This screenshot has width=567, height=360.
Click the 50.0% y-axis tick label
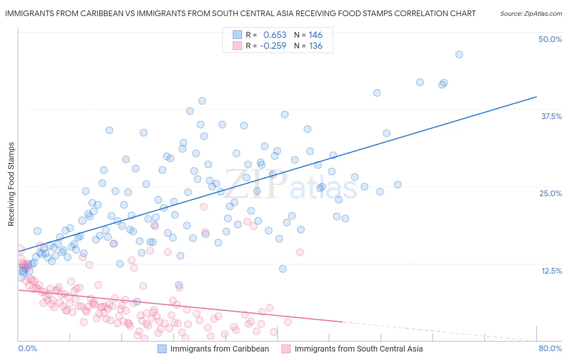coord(550,40)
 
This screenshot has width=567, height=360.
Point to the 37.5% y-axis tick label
coord(551,116)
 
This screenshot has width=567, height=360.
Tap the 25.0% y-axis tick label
coord(550,193)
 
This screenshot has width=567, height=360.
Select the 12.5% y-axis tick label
coord(551,271)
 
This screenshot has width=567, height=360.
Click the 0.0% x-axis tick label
coord(27,349)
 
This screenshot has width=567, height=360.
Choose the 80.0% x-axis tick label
coord(550,349)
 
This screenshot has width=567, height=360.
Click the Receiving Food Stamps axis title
coord(11,184)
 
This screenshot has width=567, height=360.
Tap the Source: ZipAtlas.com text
coord(531,14)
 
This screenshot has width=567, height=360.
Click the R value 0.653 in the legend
coord(275,35)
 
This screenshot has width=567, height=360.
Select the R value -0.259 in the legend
coord(273,46)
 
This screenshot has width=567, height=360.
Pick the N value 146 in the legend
coord(315,35)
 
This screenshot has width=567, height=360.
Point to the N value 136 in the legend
coord(315,46)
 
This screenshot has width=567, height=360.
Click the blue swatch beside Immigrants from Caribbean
coord(162,349)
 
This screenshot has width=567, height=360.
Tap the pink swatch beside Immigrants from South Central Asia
coord(286,349)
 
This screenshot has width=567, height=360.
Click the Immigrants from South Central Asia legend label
coord(359,349)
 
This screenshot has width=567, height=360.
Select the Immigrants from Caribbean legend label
coord(219,349)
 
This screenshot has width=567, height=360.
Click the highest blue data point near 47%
coord(459,54)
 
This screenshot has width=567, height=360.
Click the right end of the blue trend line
coord(536,97)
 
